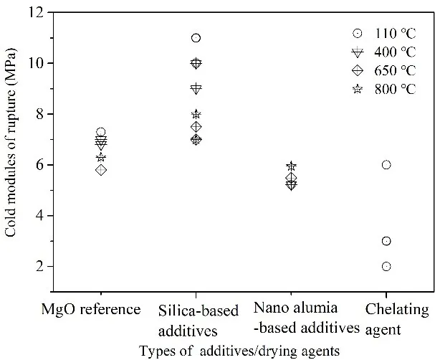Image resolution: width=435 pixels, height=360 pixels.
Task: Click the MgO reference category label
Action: pyautogui.click(x=101, y=311)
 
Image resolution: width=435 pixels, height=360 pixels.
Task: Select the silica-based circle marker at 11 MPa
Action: pyautogui.click(x=196, y=38)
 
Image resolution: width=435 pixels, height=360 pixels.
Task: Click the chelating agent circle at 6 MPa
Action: pyautogui.click(x=386, y=165)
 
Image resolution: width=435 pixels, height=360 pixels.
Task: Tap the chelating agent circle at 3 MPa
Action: pyautogui.click(x=386, y=241)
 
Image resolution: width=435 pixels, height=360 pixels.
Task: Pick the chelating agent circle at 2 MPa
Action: pyautogui.click(x=386, y=267)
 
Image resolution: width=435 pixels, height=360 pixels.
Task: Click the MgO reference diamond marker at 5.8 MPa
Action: pyautogui.click(x=101, y=170)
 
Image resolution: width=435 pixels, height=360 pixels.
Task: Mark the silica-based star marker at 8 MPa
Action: pyautogui.click(x=196, y=114)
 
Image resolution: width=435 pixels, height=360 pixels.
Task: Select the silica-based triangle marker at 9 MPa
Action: pyautogui.click(x=196, y=88)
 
